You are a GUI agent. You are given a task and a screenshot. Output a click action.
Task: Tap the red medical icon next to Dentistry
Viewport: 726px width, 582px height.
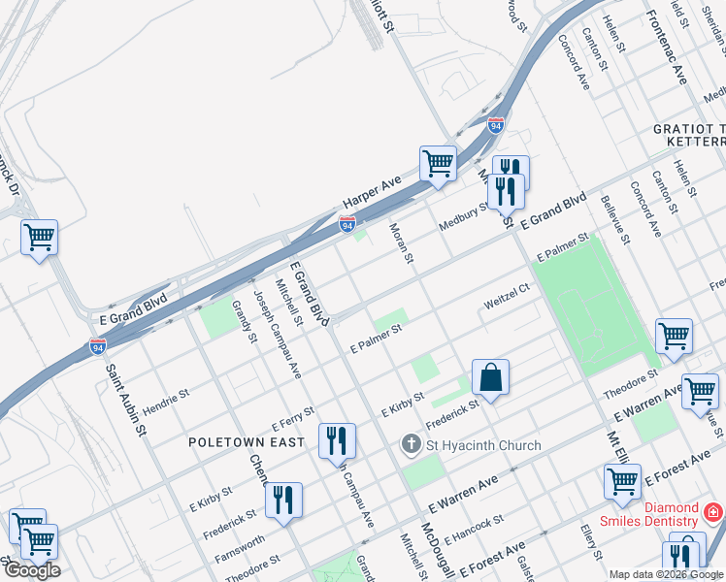click(713, 510)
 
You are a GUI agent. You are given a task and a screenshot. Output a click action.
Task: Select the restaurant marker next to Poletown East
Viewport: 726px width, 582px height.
click(337, 440)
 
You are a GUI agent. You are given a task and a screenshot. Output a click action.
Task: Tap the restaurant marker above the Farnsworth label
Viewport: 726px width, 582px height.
click(283, 501)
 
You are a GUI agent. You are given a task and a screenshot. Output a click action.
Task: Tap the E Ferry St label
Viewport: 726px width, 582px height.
click(293, 418)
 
